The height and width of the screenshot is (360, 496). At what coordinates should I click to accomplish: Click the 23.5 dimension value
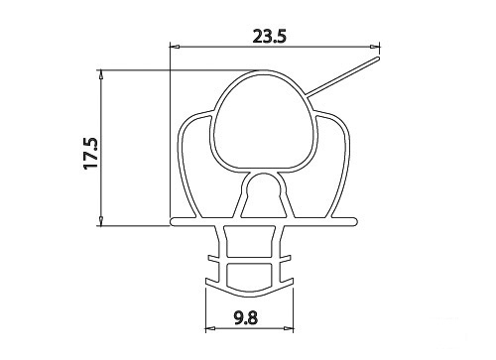269,37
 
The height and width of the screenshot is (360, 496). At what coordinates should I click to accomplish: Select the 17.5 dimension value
91,153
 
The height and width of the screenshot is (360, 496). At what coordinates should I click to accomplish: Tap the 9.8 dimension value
245,318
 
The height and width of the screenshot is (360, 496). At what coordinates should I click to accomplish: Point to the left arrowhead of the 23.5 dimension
175,47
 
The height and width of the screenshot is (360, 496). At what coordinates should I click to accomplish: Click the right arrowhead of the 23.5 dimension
375,47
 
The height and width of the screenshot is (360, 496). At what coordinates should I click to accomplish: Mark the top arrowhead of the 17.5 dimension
101,74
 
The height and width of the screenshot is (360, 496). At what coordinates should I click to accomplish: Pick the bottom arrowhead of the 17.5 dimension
101,221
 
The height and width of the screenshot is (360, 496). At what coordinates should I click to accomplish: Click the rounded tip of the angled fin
377,60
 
